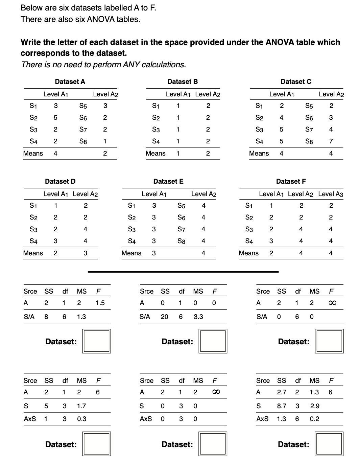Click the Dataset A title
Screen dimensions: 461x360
click(70, 82)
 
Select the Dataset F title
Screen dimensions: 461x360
click(291, 181)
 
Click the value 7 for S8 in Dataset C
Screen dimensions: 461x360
click(331, 141)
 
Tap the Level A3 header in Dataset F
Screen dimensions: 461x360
click(331, 194)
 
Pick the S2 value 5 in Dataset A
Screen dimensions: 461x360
click(55, 118)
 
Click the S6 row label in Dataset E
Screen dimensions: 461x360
click(181, 217)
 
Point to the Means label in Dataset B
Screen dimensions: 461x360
click(155, 153)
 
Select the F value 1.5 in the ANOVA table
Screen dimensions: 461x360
click(100, 303)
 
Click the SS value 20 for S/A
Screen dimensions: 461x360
click(164, 317)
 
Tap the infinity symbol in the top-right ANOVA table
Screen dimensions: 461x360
click(331, 303)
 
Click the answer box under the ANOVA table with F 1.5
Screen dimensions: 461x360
click(97, 341)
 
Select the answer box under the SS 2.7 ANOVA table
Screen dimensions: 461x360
click(329, 444)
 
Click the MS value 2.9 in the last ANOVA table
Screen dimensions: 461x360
click(314, 406)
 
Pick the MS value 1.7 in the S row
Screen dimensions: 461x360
click(81, 406)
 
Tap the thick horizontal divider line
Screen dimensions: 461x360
click(183, 272)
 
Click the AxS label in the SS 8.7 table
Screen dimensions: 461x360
click(262, 419)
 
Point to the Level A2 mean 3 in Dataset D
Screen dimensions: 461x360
click(85, 253)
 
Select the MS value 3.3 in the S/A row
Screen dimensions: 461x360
click(198, 317)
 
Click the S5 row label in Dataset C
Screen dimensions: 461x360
click(309, 106)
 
